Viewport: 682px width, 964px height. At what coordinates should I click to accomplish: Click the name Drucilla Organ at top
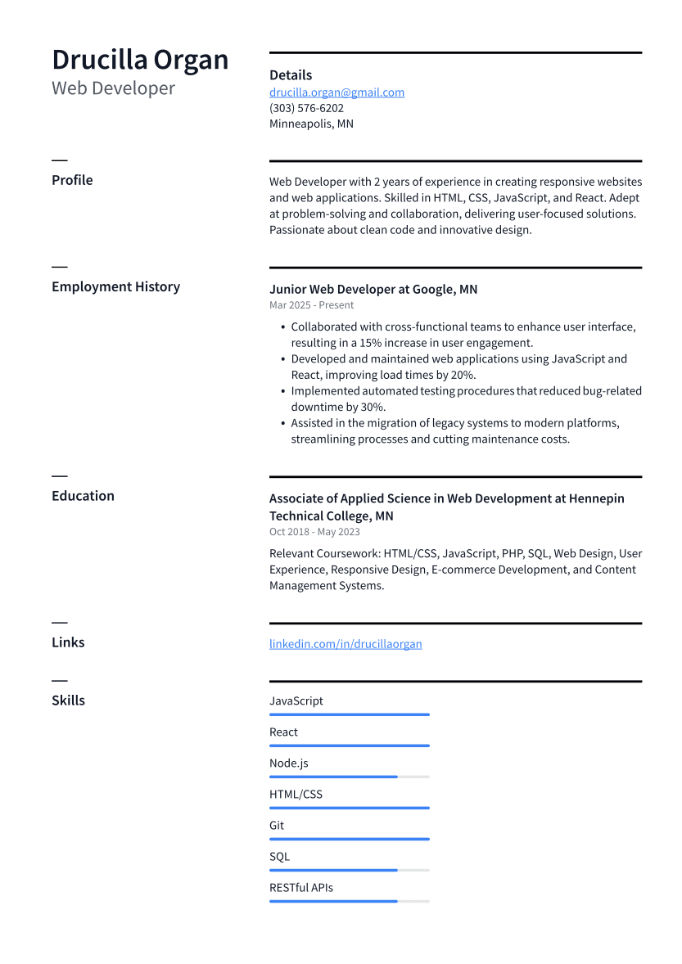(140, 60)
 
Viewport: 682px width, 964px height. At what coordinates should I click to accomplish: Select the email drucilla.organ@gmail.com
(336, 92)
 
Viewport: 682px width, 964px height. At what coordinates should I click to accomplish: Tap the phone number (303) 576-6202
(306, 108)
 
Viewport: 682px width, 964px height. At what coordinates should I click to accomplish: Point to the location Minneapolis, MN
(311, 124)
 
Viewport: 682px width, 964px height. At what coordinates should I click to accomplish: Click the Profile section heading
(72, 180)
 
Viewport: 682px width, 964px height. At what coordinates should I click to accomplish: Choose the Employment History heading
(115, 286)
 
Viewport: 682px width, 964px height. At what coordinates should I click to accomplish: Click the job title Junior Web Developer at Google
(373, 290)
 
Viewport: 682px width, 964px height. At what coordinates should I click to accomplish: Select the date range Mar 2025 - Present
(311, 305)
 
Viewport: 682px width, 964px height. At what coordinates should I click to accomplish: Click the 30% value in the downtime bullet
(373, 407)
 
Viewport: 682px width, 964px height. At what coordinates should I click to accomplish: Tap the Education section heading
(83, 496)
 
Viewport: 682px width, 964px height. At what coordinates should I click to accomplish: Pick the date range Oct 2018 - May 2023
(314, 532)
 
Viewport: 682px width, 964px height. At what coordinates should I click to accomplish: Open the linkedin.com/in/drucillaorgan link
(346, 644)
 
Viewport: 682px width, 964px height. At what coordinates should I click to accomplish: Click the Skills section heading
(68, 700)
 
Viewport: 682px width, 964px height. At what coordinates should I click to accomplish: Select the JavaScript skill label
(296, 700)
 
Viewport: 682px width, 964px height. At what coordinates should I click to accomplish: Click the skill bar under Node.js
(349, 777)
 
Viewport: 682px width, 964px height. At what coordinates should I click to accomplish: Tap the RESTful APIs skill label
(300, 887)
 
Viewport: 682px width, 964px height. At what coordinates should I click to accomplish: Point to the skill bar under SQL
(349, 870)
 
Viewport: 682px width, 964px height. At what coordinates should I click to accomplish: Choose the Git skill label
(277, 825)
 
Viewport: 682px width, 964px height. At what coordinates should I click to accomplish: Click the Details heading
(291, 75)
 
